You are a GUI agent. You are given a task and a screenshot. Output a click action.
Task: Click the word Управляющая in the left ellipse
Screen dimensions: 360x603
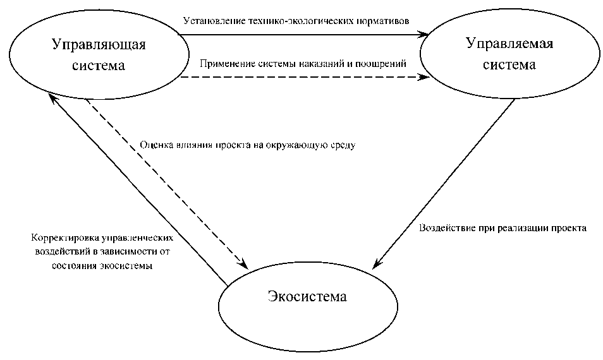coord(98,45)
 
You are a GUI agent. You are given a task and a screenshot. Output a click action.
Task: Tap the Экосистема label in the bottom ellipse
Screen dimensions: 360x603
coord(307,296)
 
